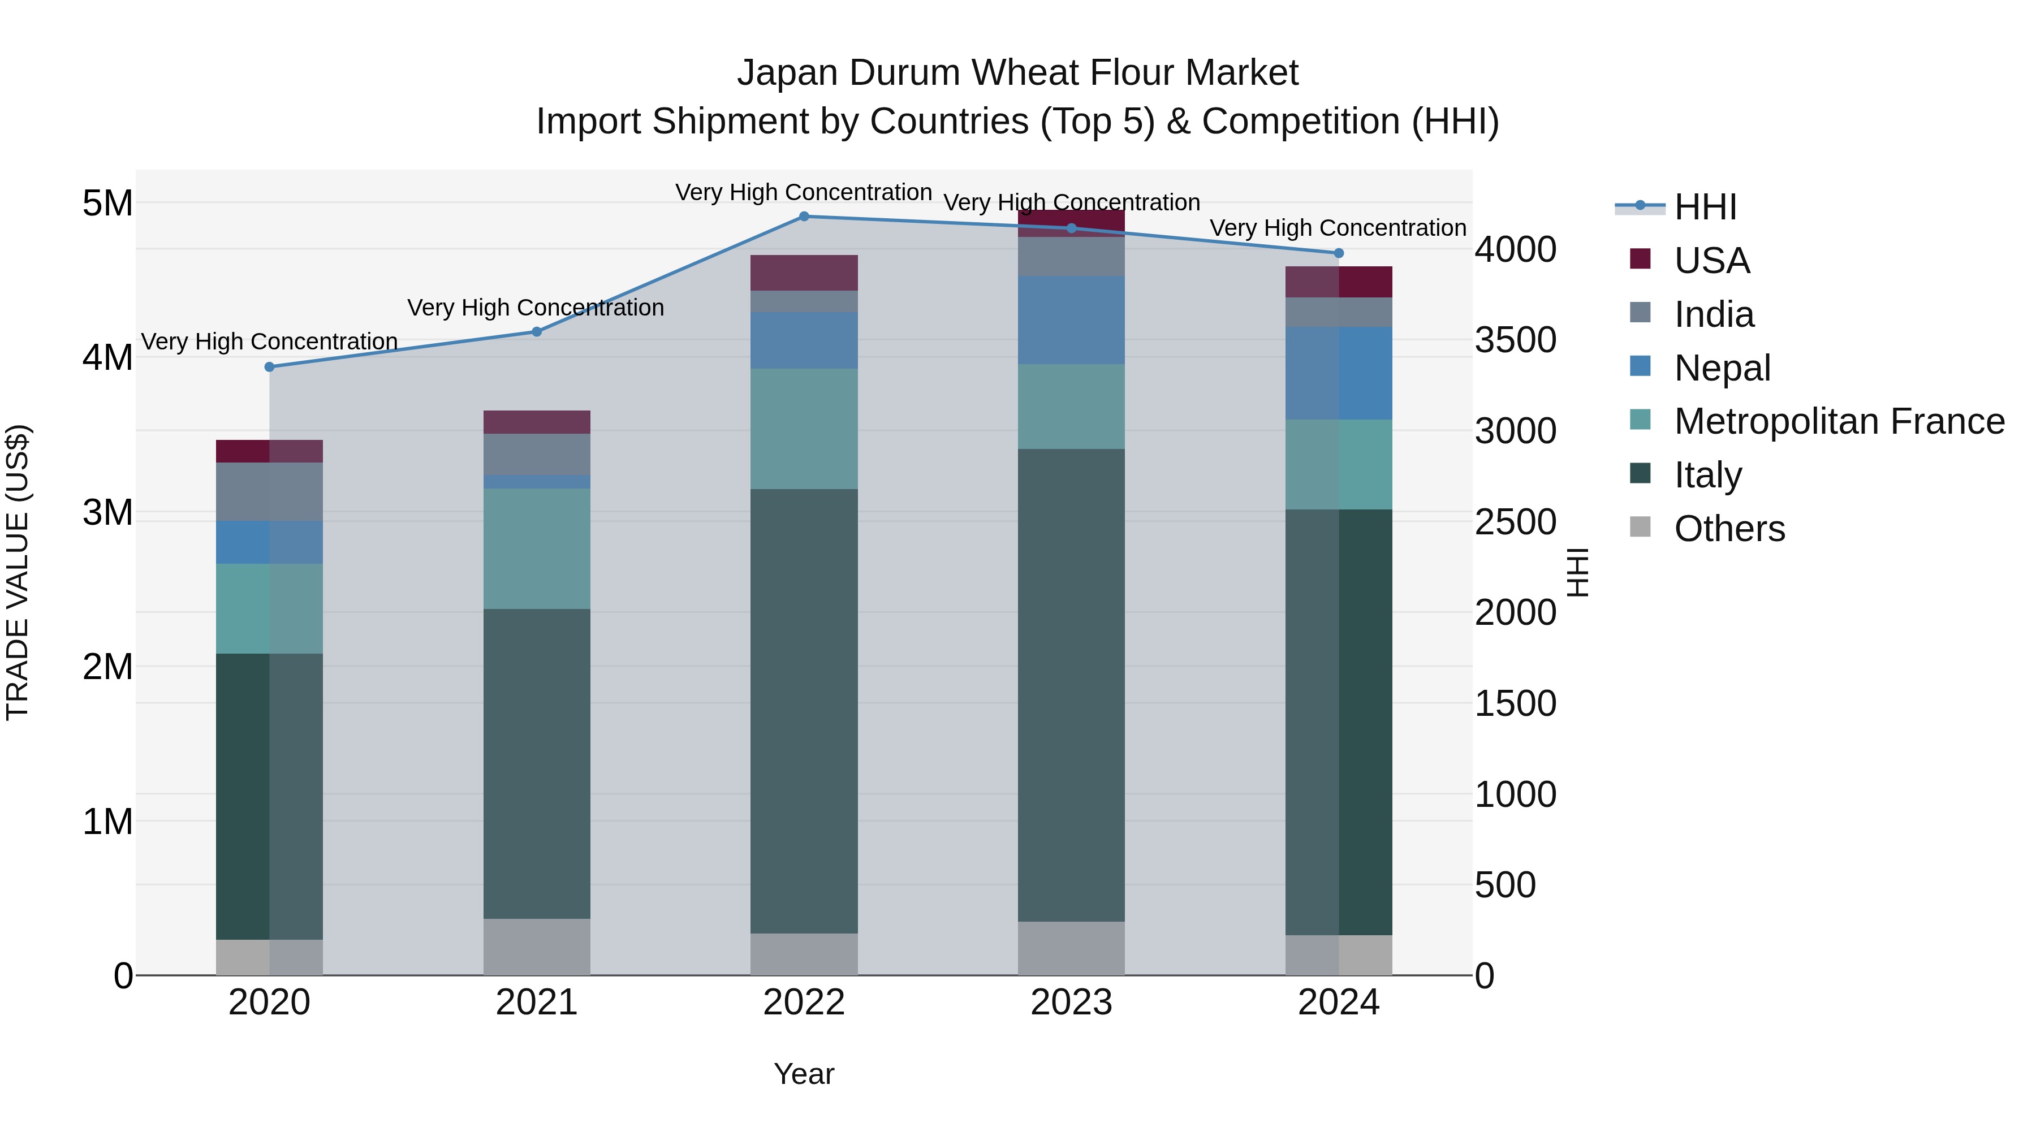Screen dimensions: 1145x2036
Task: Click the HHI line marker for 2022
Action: [x=804, y=217]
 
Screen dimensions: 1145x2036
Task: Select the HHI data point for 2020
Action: [x=270, y=366]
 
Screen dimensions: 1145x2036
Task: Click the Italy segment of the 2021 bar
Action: [x=537, y=763]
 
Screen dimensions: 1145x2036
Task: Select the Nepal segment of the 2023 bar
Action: [x=1071, y=320]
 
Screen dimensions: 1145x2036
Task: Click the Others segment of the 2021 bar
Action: [x=537, y=946]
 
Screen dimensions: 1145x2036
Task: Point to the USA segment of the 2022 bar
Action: [x=804, y=273]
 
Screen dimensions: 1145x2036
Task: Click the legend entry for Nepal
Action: [x=1722, y=368]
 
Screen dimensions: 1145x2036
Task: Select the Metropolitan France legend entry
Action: [x=1839, y=422]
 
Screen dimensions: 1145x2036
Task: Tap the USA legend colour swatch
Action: [x=1640, y=259]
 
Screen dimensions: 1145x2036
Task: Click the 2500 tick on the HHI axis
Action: [x=1515, y=522]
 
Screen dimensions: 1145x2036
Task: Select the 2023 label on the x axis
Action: [x=1071, y=1003]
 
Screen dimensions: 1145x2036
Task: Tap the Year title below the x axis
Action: [x=804, y=1074]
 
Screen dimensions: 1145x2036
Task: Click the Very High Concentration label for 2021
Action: [x=536, y=308]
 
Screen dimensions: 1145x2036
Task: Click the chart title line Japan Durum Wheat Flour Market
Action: [x=1017, y=73]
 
